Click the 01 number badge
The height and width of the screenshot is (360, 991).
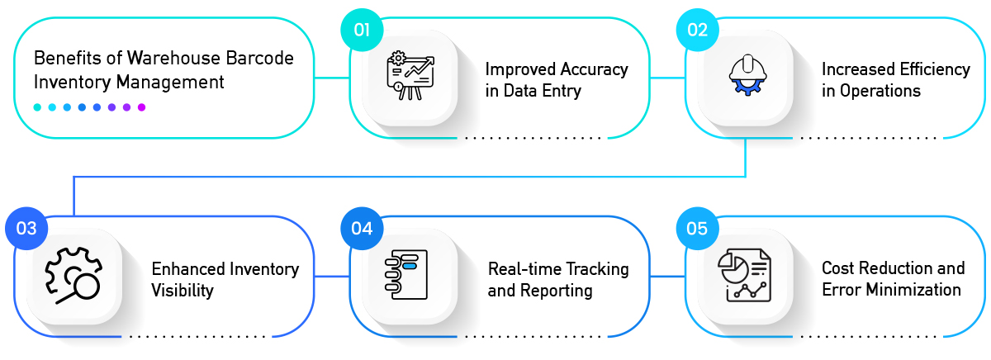coord(362,30)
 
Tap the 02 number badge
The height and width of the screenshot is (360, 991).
coord(697,30)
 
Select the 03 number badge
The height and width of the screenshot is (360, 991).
coord(26,228)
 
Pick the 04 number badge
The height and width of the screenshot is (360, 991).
coord(362,228)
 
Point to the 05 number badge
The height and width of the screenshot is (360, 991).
coord(697,228)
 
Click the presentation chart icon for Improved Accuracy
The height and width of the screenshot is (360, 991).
coord(410,76)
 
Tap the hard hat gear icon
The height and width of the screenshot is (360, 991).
coord(747,75)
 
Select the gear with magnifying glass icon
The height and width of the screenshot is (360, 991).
coord(73,276)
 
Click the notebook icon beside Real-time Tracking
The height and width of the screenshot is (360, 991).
coord(406,275)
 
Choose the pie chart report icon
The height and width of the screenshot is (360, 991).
coord(745,275)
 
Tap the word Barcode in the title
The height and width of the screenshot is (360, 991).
coord(259,58)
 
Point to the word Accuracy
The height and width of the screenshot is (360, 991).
coord(594,70)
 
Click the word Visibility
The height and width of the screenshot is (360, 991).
coord(183,291)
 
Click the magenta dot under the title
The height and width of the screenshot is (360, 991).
coord(141,107)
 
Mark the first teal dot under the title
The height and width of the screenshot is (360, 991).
coord(38,107)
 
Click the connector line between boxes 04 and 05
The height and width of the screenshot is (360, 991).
coord(667,277)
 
